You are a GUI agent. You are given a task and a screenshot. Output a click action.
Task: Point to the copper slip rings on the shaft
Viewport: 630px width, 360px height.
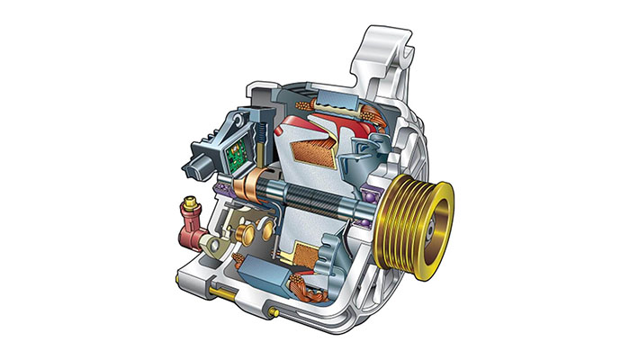click(x=246, y=191)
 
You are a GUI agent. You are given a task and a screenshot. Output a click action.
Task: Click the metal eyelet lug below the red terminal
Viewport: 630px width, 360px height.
click(x=214, y=244)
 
